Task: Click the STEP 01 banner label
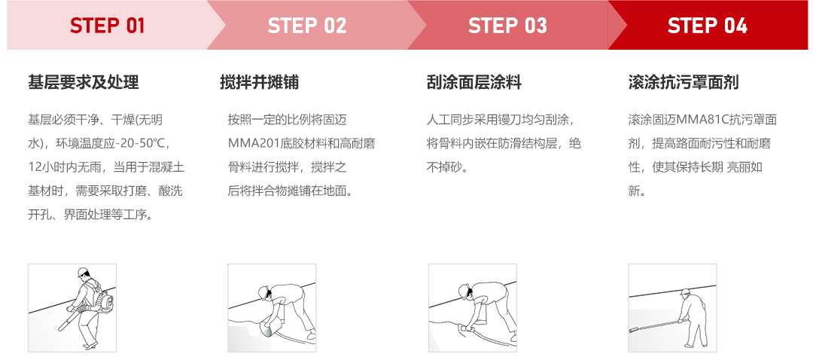tap(108, 26)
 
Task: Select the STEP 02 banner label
tap(307, 26)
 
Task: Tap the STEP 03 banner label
tap(507, 26)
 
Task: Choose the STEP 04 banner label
tap(707, 26)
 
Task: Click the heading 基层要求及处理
tap(84, 82)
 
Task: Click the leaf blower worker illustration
tap(72, 307)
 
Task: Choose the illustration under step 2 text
tap(272, 307)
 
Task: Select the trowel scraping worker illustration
tap(472, 307)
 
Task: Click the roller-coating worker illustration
tap(672, 307)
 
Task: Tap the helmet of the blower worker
tap(81, 273)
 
